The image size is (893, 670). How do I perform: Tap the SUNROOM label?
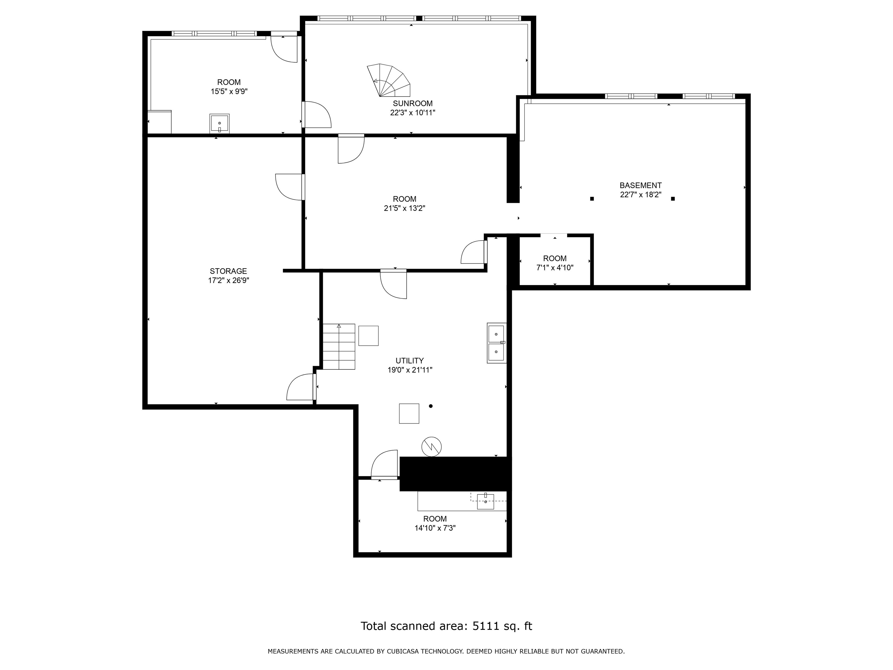pyautogui.click(x=412, y=104)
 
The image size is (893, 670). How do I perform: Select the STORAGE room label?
pyautogui.click(x=228, y=271)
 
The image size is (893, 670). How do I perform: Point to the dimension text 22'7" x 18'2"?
pyautogui.click(x=641, y=194)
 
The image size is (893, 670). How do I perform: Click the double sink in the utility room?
pyautogui.click(x=496, y=343)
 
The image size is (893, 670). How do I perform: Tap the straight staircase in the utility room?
pyautogui.click(x=339, y=347)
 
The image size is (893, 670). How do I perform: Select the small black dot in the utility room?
pyautogui.click(x=431, y=406)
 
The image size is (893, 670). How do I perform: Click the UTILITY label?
pyautogui.click(x=410, y=361)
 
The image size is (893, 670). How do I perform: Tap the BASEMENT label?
pyautogui.click(x=641, y=185)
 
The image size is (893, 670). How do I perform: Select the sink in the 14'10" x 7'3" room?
pyautogui.click(x=485, y=501)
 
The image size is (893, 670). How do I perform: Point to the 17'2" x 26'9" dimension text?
pyautogui.click(x=228, y=280)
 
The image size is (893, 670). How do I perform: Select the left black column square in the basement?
pyautogui.click(x=592, y=199)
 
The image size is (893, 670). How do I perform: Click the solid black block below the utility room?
pyautogui.click(x=456, y=474)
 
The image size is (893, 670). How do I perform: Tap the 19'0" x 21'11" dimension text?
pyautogui.click(x=410, y=370)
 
